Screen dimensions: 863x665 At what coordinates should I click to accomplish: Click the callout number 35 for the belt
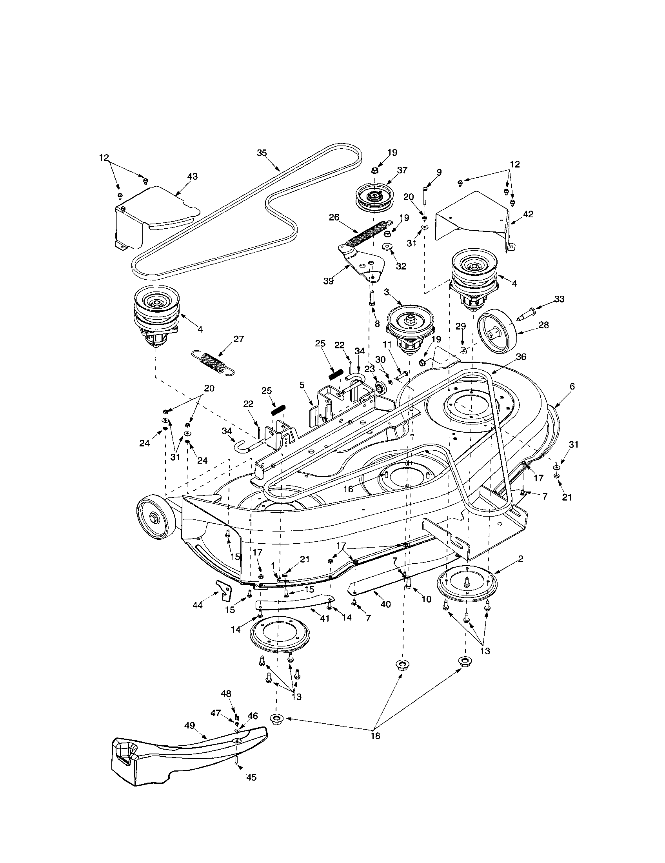[262, 153]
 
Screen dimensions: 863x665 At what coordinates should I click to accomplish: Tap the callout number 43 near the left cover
[192, 177]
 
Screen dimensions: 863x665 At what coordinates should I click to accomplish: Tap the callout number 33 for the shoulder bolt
[559, 299]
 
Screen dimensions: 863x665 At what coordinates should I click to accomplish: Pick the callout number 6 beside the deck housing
[572, 386]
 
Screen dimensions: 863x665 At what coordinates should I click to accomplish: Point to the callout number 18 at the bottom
[376, 736]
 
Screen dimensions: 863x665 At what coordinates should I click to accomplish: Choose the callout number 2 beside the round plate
[521, 559]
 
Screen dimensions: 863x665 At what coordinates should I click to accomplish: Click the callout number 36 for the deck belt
[521, 357]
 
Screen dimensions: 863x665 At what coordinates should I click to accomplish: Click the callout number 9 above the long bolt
[439, 172]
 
